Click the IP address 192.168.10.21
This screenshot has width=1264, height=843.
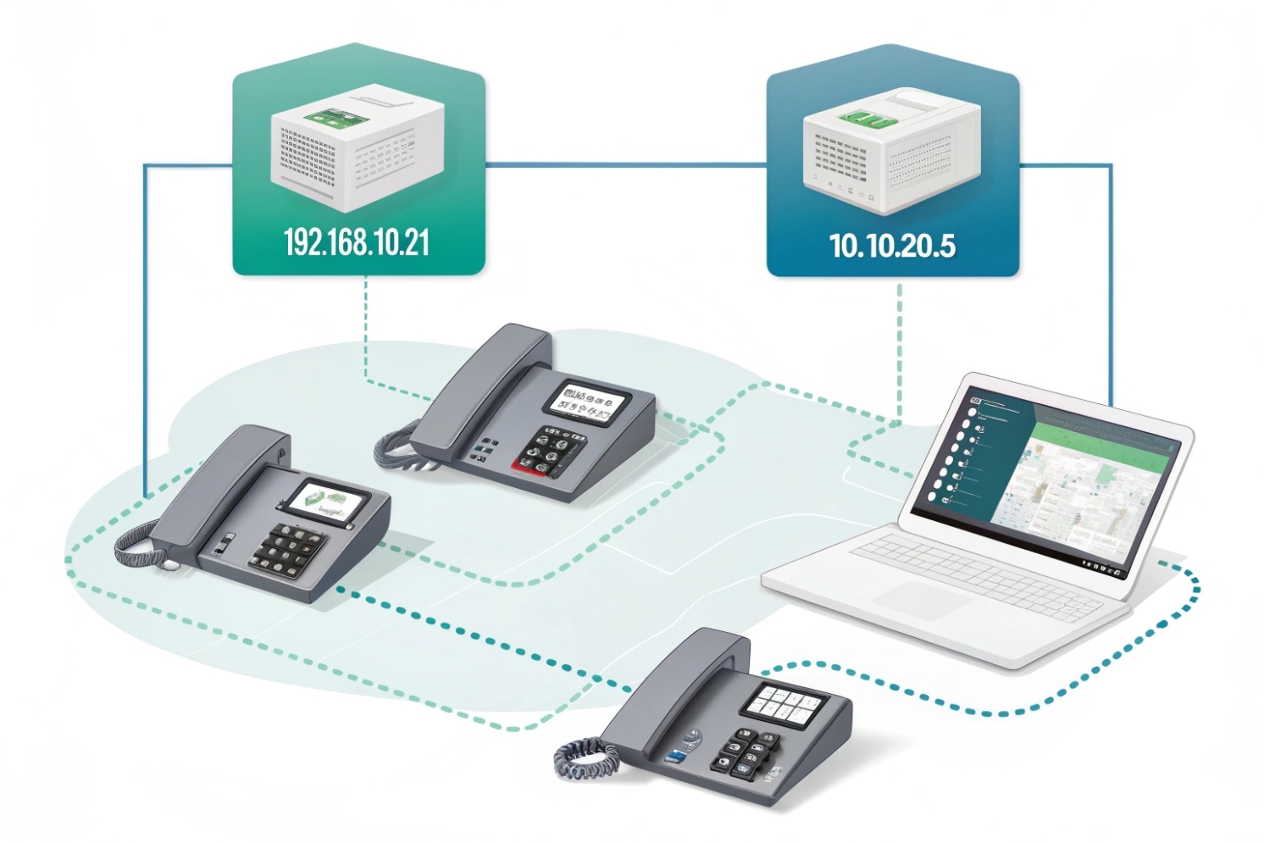click(x=357, y=243)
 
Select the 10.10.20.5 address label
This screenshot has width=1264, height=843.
click(x=892, y=246)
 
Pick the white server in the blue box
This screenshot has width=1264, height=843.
click(x=891, y=148)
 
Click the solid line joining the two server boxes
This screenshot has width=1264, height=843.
click(x=625, y=164)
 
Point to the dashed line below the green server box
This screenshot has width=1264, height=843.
click(x=365, y=330)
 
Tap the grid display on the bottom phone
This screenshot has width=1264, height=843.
click(x=784, y=702)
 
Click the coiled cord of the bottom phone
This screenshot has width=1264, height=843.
click(x=585, y=758)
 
